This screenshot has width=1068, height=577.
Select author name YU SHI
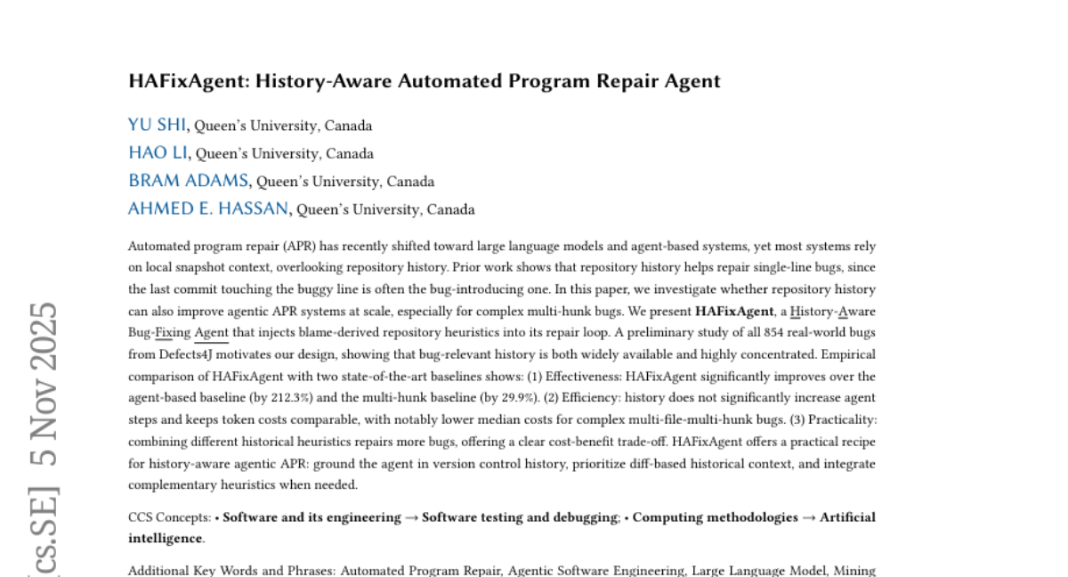pyautogui.click(x=158, y=125)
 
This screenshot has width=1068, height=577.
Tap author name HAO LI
pyautogui.click(x=158, y=153)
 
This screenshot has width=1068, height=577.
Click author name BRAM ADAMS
pyautogui.click(x=189, y=181)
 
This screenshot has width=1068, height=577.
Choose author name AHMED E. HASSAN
pyautogui.click(x=208, y=209)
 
